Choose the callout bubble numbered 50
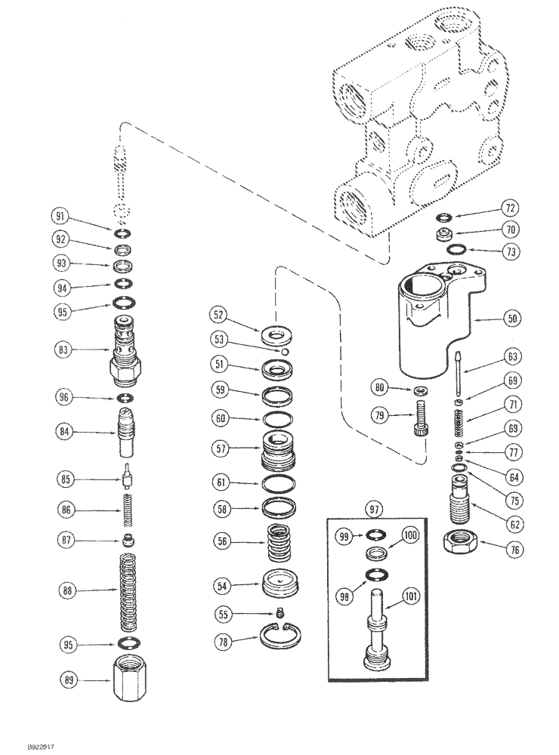pos(511,319)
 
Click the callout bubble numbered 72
pos(512,207)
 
